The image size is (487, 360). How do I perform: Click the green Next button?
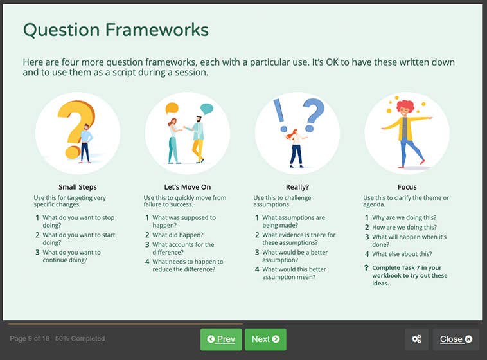click(265, 339)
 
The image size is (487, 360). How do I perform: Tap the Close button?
click(456, 339)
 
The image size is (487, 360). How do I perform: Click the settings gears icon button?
click(416, 339)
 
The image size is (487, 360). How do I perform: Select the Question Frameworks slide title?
click(116, 30)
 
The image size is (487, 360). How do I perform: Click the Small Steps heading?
click(77, 187)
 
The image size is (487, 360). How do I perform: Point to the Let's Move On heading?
click(187, 187)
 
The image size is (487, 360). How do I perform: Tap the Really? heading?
click(297, 187)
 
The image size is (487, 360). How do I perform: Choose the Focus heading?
click(407, 187)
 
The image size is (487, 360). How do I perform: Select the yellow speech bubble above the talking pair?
click(172, 109)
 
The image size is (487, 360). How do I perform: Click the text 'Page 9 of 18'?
click(30, 339)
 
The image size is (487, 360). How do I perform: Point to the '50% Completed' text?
click(80, 339)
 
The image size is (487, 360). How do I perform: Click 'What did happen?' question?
click(178, 235)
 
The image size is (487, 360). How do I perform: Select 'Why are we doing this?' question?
click(405, 218)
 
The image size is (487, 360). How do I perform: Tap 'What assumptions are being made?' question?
click(293, 222)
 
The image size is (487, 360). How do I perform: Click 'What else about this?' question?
click(402, 254)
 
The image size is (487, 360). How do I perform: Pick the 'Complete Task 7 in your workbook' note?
click(409, 275)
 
